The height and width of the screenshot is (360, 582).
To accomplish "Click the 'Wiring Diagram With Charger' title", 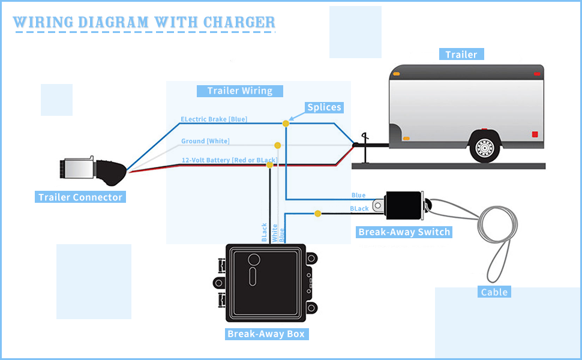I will tap(144, 23).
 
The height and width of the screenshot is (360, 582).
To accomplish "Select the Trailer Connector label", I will tap(80, 197).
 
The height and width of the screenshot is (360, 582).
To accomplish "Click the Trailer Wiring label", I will tap(240, 91).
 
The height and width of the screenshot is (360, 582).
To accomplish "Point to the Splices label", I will tap(324, 107).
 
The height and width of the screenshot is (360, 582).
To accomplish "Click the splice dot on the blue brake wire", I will tap(286, 123).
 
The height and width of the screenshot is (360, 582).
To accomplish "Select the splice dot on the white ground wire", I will tap(277, 145).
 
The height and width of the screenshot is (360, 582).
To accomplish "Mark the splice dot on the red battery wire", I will tap(270, 164).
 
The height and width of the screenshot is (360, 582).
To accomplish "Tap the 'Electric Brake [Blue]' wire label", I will tap(214, 119).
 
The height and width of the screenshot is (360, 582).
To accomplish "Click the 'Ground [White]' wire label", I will tap(205, 142).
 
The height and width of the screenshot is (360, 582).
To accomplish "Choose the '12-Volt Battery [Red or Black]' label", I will tap(229, 160).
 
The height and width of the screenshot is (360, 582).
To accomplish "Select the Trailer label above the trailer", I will tap(461, 55).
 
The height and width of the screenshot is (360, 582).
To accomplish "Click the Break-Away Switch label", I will tap(404, 232).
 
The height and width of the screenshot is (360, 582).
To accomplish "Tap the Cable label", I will tap(494, 292).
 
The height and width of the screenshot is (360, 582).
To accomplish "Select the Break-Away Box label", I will tap(266, 334).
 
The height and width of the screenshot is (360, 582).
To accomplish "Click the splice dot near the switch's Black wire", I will tap(317, 213).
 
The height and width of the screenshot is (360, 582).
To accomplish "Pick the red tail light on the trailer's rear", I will tap(535, 133).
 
